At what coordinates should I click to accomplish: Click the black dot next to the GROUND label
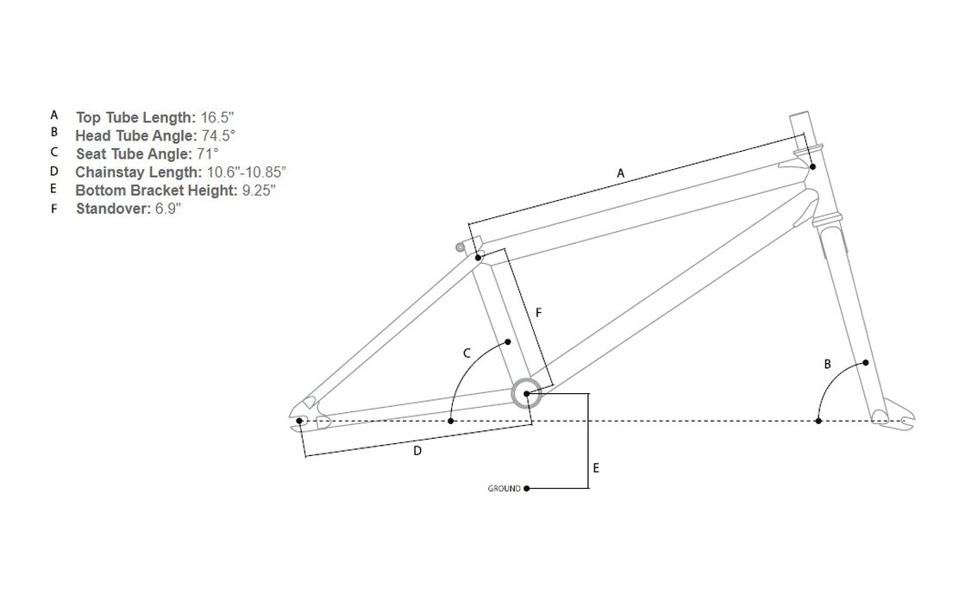tap(527, 489)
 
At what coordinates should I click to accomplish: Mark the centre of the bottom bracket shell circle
tap(527, 393)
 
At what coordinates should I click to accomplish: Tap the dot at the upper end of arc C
tap(508, 341)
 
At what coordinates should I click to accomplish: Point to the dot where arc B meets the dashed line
tap(818, 421)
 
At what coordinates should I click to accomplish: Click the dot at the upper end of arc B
tap(866, 363)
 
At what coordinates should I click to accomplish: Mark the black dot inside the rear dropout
tap(300, 421)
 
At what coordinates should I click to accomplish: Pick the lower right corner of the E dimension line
tap(589, 489)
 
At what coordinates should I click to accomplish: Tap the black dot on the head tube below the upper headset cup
tap(813, 166)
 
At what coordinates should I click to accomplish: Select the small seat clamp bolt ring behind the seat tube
tap(460, 247)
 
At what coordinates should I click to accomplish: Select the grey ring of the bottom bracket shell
tap(527, 393)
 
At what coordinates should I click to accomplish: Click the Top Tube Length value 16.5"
tap(217, 117)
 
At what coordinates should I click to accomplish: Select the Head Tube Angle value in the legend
tap(218, 135)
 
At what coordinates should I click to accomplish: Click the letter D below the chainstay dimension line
tap(417, 451)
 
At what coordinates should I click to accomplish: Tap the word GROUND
tap(504, 489)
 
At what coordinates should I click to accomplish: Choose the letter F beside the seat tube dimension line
tap(538, 313)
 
